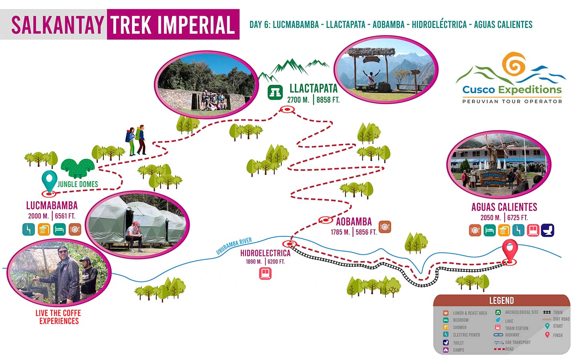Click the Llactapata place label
(313, 88)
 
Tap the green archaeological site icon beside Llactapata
(275, 92)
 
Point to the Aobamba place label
(354, 222)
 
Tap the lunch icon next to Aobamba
(385, 227)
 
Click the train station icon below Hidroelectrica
(265, 274)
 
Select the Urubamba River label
(234, 246)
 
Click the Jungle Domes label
(78, 184)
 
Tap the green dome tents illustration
(78, 168)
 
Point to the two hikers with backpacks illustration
(136, 140)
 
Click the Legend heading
(501, 300)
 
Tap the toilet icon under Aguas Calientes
(547, 230)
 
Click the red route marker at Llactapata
(286, 109)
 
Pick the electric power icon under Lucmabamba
(28, 229)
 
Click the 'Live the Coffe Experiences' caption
(58, 317)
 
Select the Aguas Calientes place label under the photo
(504, 207)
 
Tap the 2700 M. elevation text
(298, 100)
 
